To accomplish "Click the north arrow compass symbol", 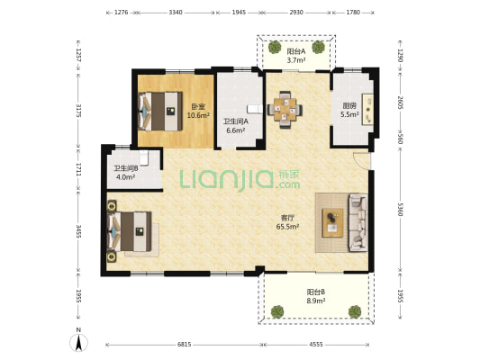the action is pyautogui.click(x=78, y=343).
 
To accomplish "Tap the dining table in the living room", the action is pyautogui.click(x=285, y=110).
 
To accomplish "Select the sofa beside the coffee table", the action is pyautogui.click(x=358, y=223).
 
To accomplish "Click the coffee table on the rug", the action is pyautogui.click(x=332, y=223).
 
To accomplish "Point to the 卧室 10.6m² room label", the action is pyautogui.click(x=198, y=111).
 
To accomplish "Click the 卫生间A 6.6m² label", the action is pyautogui.click(x=236, y=126).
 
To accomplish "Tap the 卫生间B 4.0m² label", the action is pyautogui.click(x=126, y=173).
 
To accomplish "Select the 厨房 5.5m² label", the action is pyautogui.click(x=349, y=110).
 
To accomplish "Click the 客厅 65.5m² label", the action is pyautogui.click(x=287, y=222).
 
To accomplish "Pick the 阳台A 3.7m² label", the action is pyautogui.click(x=296, y=56).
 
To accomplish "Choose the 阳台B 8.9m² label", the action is pyautogui.click(x=316, y=296).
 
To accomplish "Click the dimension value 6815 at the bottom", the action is pyautogui.click(x=184, y=345).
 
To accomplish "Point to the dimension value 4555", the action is pyautogui.click(x=316, y=345).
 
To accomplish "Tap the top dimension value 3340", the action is pyautogui.click(x=176, y=13).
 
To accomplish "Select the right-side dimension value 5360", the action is pyautogui.click(x=400, y=209).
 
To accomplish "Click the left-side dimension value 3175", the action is pyautogui.click(x=78, y=111).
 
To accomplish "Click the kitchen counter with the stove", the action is pyautogui.click(x=367, y=109).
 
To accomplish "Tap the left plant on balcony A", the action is pyautogui.click(x=275, y=47).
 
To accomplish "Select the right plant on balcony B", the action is pyautogui.click(x=355, y=311).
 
